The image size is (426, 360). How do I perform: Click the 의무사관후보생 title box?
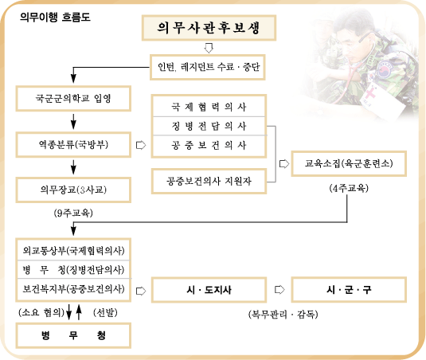click(209, 28)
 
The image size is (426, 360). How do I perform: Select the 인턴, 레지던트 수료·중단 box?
click(208, 67)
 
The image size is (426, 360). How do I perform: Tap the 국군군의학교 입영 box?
click(73, 98)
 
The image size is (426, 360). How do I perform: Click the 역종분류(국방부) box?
click(73, 144)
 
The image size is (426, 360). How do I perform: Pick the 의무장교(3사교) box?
click(73, 190)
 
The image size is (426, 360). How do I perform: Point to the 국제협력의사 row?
click(209, 107)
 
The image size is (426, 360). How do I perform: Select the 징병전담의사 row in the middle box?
click(209, 126)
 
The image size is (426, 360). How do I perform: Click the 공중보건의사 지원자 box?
click(209, 181)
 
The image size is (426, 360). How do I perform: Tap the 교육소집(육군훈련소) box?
click(349, 163)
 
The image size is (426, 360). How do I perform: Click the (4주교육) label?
click(349, 188)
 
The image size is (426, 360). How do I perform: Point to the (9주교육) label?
click(73, 213)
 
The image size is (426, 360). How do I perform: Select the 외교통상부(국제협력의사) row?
click(73, 250)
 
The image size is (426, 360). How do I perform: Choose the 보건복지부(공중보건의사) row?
click(73, 289)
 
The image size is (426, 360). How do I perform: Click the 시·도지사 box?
click(209, 290)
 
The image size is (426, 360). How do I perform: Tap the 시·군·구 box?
click(349, 290)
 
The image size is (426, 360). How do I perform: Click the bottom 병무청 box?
click(73, 335)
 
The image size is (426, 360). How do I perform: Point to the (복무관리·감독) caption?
click(283, 315)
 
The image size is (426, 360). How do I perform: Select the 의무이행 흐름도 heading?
click(55, 17)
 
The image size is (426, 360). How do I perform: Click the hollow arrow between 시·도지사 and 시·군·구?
click(279, 290)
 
